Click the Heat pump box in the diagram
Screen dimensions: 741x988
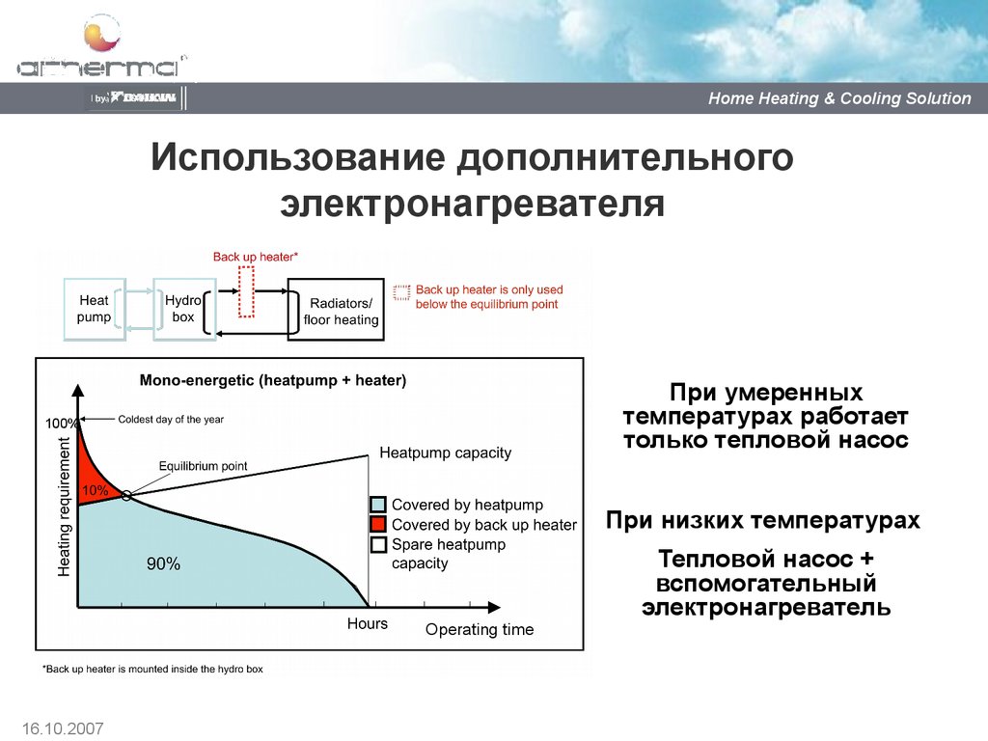coord(94,309)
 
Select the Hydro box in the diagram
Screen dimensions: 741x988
coord(181,309)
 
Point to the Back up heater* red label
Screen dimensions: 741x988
coord(256,257)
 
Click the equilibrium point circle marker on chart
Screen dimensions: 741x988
coord(127,496)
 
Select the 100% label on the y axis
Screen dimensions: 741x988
coord(61,424)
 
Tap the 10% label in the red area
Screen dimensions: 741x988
coord(95,490)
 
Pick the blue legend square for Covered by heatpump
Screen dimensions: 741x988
coord(379,505)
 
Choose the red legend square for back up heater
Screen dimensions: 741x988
coord(379,525)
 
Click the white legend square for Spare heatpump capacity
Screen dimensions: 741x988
coord(379,545)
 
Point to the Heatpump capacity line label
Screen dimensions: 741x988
coord(445,453)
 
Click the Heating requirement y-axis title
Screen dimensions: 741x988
coord(65,508)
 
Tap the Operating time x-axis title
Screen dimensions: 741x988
coord(479,630)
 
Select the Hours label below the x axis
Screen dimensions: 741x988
coord(367,624)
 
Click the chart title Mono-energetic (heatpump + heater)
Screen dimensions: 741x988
coord(273,381)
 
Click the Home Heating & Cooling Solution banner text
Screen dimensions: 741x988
coord(839,98)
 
